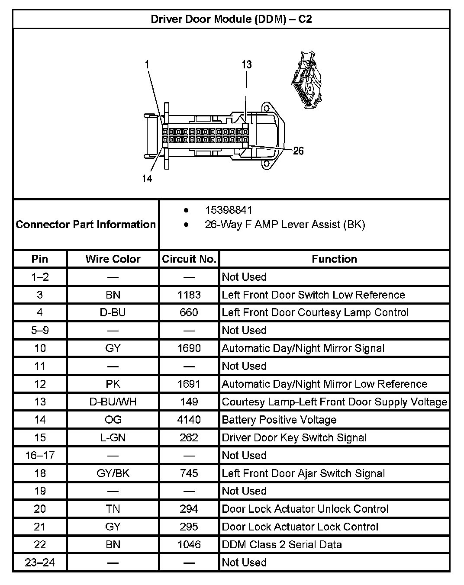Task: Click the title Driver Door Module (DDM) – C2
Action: [231, 19]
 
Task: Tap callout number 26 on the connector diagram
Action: [298, 151]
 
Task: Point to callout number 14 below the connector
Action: [147, 178]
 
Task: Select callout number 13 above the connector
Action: [246, 64]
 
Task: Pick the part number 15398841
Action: [228, 210]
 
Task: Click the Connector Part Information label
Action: [86, 224]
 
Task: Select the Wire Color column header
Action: [113, 259]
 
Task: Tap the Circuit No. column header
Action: [189, 259]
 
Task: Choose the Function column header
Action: [334, 259]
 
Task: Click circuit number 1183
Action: [189, 295]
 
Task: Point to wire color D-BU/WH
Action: [113, 402]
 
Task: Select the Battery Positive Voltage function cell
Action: [279, 420]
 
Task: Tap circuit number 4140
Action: [189, 420]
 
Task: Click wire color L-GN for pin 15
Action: [113, 437]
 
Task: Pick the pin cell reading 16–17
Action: [40, 455]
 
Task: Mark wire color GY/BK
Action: [113, 473]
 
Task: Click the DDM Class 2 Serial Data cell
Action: [281, 544]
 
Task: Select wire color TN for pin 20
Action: [113, 509]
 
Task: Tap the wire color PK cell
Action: [113, 384]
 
